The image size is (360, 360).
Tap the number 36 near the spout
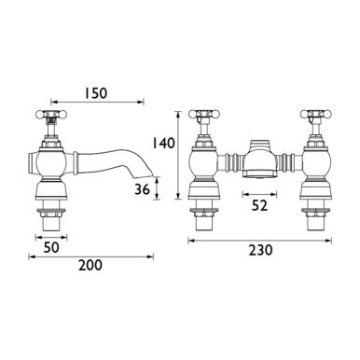click(x=140, y=189)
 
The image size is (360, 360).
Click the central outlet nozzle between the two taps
click(x=258, y=158)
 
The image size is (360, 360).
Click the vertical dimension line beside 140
click(x=176, y=159)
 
